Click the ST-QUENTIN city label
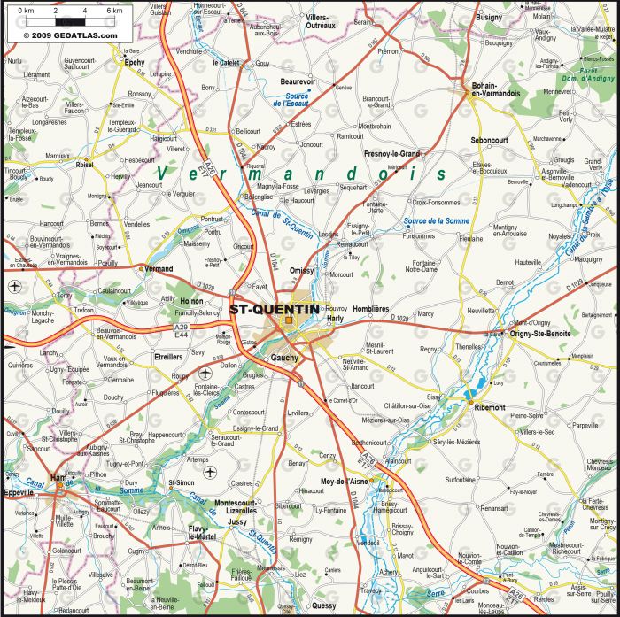click(x=274, y=309)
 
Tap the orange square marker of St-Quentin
click(x=289, y=320)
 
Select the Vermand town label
click(x=159, y=268)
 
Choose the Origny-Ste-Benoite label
click(x=540, y=333)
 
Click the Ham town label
click(x=59, y=477)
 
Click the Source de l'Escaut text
click(x=291, y=100)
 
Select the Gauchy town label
click(x=284, y=357)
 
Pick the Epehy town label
click(x=135, y=63)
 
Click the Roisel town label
click(x=85, y=164)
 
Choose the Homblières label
click(x=371, y=309)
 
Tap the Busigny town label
click(x=488, y=17)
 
